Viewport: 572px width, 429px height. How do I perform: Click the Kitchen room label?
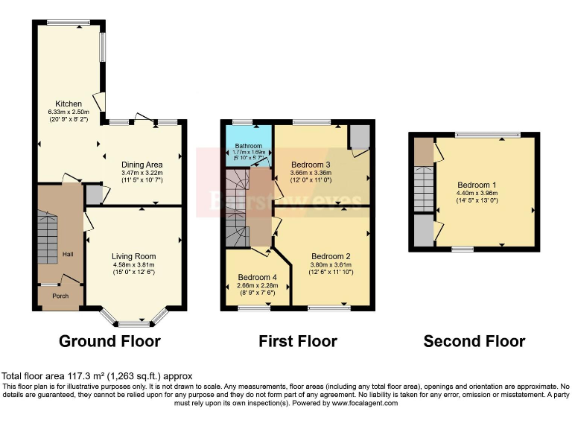coord(69,104)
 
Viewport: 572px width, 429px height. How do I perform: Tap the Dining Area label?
coord(142,165)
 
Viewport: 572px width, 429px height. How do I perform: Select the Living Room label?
coord(134,256)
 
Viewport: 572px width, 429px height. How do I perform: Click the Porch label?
coord(60,296)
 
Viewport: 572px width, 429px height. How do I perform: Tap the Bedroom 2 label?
coord(331,255)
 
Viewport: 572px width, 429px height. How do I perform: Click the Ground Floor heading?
coord(109,342)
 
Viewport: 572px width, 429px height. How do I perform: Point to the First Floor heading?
coord(297,342)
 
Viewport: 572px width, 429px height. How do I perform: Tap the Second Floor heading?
coord(474,342)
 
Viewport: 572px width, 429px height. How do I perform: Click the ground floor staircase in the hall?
coord(47,235)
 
